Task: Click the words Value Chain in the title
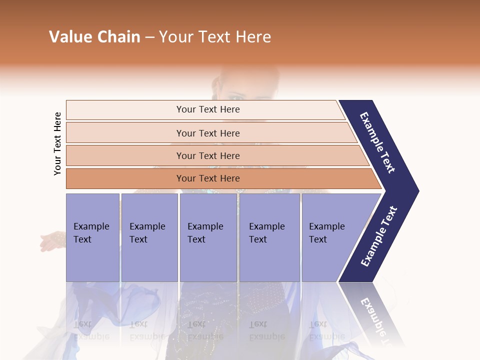[94, 37]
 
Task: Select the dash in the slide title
[149, 37]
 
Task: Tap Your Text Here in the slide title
[215, 37]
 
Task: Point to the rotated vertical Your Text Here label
[57, 143]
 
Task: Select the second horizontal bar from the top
[207, 133]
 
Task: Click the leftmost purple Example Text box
[92, 237]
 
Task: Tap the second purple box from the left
[149, 237]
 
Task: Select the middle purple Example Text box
[208, 237]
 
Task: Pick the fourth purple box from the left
[269, 237]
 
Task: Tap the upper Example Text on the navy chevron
[378, 142]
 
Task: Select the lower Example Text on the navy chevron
[379, 236]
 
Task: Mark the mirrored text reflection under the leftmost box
[91, 330]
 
